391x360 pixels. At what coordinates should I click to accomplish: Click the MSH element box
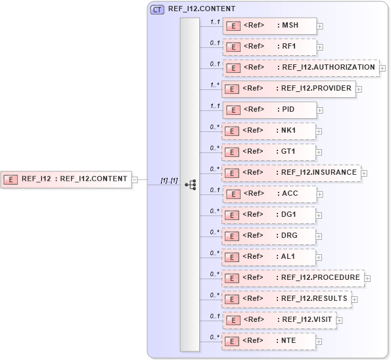point(269,26)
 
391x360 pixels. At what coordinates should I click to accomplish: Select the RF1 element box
point(269,47)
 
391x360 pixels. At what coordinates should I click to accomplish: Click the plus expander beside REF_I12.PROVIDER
point(359,89)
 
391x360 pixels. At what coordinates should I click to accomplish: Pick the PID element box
point(269,110)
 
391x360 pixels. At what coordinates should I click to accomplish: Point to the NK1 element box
point(269,131)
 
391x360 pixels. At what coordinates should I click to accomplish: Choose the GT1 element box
point(269,152)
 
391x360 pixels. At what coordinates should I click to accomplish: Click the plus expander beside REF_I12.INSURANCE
point(364,173)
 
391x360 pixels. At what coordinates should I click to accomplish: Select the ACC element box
point(269,194)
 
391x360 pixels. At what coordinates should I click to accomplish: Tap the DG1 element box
point(269,215)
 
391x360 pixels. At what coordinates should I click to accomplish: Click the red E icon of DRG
point(231,236)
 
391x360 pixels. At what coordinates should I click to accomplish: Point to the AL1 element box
point(269,257)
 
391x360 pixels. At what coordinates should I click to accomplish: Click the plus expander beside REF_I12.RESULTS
point(355,300)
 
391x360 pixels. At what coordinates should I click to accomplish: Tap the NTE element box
point(269,341)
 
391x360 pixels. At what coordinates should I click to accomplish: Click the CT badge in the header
point(158,10)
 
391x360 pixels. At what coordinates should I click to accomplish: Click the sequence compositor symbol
point(190,185)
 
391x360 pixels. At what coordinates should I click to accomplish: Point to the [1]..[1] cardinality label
point(169,181)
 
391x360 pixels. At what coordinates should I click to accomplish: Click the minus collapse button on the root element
point(135,179)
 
